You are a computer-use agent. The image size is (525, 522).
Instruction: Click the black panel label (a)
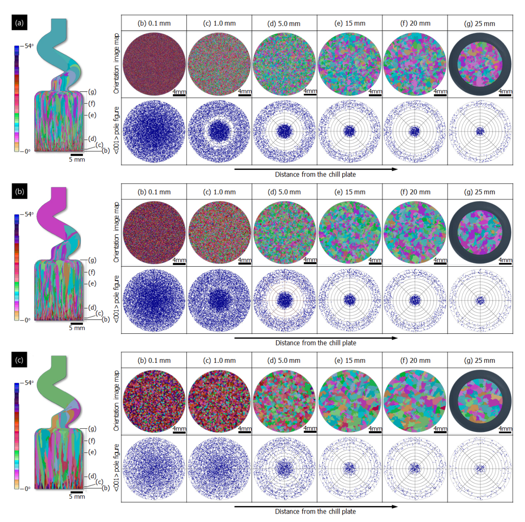[19, 22]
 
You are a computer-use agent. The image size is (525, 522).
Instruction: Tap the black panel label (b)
[19, 192]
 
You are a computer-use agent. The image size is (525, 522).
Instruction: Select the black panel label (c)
[19, 360]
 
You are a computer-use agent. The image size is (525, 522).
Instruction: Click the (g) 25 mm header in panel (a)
[480, 23]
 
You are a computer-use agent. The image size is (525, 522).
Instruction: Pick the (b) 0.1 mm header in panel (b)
[154, 192]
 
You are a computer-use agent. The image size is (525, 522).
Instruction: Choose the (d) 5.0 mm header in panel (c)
[284, 360]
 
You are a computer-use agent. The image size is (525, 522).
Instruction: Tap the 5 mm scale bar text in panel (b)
[77, 328]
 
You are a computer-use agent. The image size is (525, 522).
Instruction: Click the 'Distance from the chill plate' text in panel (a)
[315, 174]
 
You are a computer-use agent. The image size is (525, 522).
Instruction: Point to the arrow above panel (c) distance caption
[316, 507]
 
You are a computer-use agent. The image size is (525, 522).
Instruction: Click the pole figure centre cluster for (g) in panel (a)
[480, 132]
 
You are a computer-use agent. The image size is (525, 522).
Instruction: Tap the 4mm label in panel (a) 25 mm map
[505, 91]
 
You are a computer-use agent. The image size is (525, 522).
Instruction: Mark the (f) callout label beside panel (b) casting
[92, 272]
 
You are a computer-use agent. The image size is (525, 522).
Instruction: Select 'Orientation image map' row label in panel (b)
[116, 232]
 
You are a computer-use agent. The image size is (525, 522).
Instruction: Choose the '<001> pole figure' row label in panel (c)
[116, 467]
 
